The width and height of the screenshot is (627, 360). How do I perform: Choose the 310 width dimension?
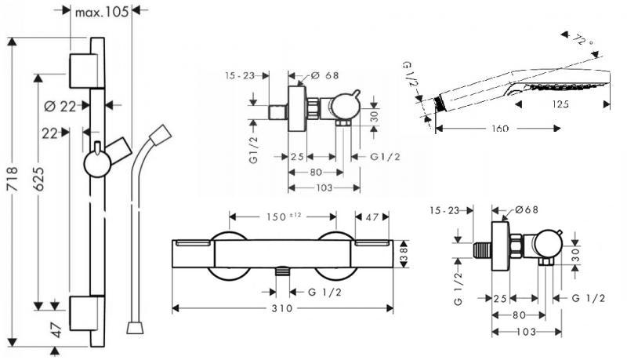(x=283, y=308)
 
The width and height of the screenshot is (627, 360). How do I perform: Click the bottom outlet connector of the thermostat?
(x=283, y=273)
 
